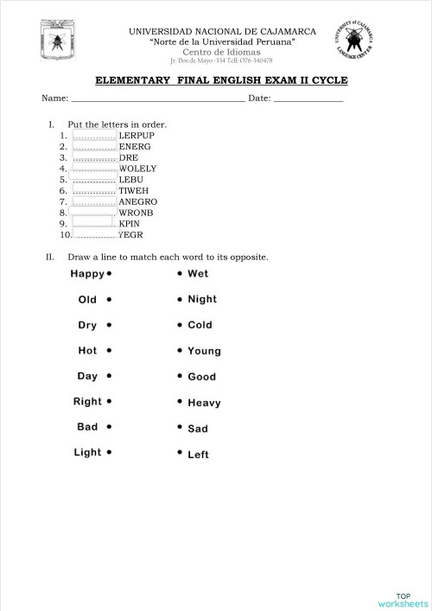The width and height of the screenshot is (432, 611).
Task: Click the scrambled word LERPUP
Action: pos(137,136)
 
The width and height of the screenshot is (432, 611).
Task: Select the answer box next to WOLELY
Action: pos(95,169)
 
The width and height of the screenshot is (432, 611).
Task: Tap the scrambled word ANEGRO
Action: pos(137,201)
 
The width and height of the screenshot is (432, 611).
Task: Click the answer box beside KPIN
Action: pos(95,223)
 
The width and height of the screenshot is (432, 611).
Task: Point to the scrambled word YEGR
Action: pos(130,234)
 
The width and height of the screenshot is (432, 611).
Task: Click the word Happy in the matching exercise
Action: pos(87,274)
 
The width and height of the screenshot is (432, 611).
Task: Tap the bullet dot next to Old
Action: pos(109,300)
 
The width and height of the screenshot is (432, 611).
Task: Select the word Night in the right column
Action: pos(202,299)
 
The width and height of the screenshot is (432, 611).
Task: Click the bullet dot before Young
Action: pos(180,351)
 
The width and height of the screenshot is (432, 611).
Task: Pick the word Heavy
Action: pos(204,403)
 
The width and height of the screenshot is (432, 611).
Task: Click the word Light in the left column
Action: pos(87,452)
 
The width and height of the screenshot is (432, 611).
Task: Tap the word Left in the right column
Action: pos(198,455)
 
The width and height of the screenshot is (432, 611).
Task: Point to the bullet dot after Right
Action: pos(110,402)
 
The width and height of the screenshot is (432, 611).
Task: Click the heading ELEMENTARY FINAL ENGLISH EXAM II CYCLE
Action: pos(220,80)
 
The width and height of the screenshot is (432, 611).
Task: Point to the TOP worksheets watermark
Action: pos(403,600)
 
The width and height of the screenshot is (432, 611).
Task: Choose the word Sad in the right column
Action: pos(198,429)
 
